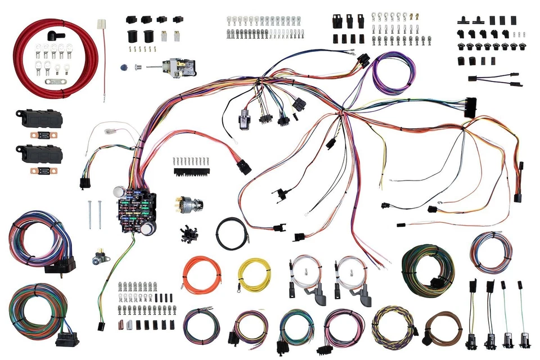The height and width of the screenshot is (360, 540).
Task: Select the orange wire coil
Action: [x=201, y=275]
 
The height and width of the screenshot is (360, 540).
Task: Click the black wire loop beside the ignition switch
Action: [x=231, y=233]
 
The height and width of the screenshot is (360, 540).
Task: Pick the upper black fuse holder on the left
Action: [x=38, y=119]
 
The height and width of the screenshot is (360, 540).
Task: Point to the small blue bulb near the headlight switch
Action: [x=123, y=67]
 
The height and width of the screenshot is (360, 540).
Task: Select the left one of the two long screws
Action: [x=89, y=214]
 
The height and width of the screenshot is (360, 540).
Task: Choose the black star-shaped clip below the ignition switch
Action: [x=188, y=233]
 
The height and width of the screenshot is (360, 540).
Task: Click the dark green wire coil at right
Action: [x=427, y=270]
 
